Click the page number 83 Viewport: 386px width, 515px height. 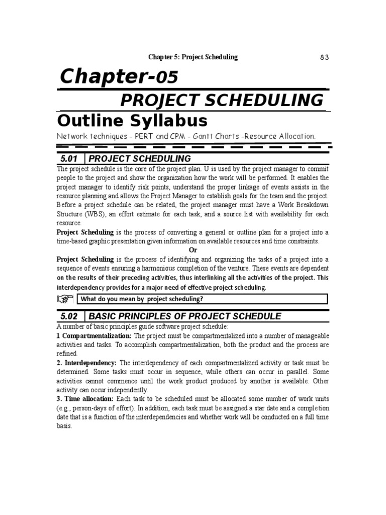pos(324,57)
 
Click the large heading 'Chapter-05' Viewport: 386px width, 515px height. pos(119,77)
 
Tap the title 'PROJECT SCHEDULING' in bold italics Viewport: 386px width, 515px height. pos(222,100)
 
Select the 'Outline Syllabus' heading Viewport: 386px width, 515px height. pos(132,121)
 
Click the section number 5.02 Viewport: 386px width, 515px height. pos(70,316)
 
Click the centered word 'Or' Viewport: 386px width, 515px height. pos(192,250)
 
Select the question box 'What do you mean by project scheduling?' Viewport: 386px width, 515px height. pos(202,299)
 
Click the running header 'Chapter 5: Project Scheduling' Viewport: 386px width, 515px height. pos(192,57)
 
